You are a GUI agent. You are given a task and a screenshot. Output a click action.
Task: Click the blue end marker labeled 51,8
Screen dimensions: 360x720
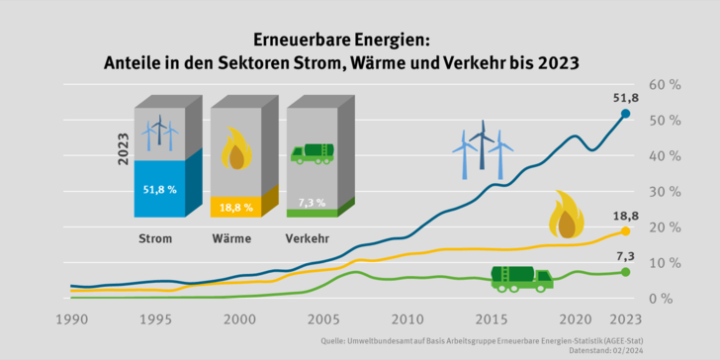pyautogui.click(x=625, y=114)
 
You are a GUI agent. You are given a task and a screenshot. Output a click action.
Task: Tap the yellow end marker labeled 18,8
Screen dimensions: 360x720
pyautogui.click(x=625, y=231)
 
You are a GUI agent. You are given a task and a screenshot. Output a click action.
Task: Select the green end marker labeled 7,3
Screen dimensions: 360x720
pyautogui.click(x=625, y=271)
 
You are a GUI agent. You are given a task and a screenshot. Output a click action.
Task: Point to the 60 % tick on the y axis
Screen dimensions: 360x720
pyautogui.click(x=664, y=85)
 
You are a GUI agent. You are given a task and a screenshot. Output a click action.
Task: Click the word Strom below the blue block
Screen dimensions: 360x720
pyautogui.click(x=154, y=238)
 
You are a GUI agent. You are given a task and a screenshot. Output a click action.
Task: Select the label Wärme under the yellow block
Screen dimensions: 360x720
pyautogui.click(x=230, y=238)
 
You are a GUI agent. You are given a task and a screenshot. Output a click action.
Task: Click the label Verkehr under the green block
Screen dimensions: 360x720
pyautogui.click(x=308, y=238)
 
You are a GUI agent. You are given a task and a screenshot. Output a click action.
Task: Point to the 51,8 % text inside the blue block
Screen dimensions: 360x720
pyautogui.click(x=159, y=189)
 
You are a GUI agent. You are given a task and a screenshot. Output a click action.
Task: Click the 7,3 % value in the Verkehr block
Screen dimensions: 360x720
pyautogui.click(x=312, y=202)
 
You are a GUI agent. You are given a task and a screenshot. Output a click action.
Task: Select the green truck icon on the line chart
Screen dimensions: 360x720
pyautogui.click(x=521, y=279)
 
